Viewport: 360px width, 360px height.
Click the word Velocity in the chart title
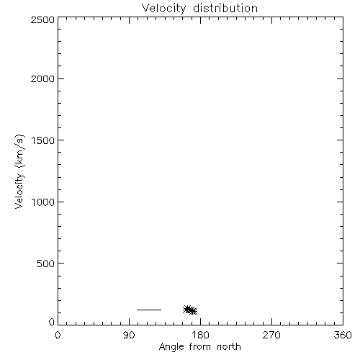click(x=163, y=9)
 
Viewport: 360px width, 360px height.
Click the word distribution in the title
click(x=225, y=8)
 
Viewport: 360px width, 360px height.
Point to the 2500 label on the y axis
click(x=42, y=19)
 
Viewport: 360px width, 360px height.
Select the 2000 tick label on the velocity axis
click(x=42, y=78)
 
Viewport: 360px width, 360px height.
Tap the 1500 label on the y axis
click(x=43, y=140)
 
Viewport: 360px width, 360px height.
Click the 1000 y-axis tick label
click(x=43, y=202)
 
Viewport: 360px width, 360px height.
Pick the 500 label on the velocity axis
click(x=46, y=264)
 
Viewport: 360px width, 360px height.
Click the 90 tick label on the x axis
click(x=129, y=335)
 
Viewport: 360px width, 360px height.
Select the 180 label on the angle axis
click(x=200, y=335)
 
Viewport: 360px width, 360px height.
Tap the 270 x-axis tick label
click(x=271, y=335)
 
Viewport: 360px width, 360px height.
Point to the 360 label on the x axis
click(x=343, y=335)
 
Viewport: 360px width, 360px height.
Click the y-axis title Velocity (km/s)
click(x=19, y=171)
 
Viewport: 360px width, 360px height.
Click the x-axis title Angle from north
click(x=200, y=347)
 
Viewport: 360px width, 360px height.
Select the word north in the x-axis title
click(x=229, y=347)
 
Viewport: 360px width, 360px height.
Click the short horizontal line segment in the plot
click(x=149, y=310)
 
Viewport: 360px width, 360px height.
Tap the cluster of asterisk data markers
click(x=190, y=310)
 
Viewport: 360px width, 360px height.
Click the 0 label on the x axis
click(x=58, y=335)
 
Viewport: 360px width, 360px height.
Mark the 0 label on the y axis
click(x=52, y=322)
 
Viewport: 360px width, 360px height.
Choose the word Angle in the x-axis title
click(x=171, y=347)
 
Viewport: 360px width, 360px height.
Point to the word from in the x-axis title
click(x=200, y=347)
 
